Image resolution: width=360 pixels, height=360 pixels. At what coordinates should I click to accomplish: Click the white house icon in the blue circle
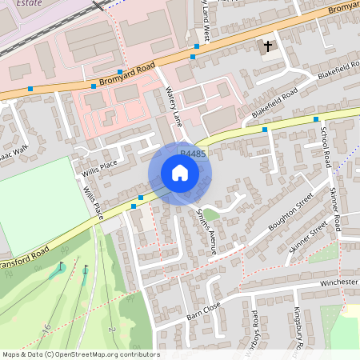(x=180, y=173)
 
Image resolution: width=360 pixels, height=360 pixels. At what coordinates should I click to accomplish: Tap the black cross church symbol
(x=268, y=46)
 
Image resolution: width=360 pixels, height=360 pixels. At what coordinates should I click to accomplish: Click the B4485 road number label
(x=192, y=153)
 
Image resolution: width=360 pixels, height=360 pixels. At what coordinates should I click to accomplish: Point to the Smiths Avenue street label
(x=206, y=232)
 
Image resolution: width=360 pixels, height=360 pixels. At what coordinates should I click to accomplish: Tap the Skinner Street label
(x=309, y=238)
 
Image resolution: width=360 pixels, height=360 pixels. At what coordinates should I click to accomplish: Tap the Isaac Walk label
(x=14, y=150)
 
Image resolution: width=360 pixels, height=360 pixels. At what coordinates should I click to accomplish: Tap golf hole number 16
(x=47, y=327)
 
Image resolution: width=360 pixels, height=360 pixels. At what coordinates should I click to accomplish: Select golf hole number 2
(x=113, y=330)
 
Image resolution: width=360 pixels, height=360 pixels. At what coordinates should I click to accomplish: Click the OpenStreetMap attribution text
(x=80, y=354)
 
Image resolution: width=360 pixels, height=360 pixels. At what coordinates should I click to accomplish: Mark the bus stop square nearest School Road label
(x=265, y=129)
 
